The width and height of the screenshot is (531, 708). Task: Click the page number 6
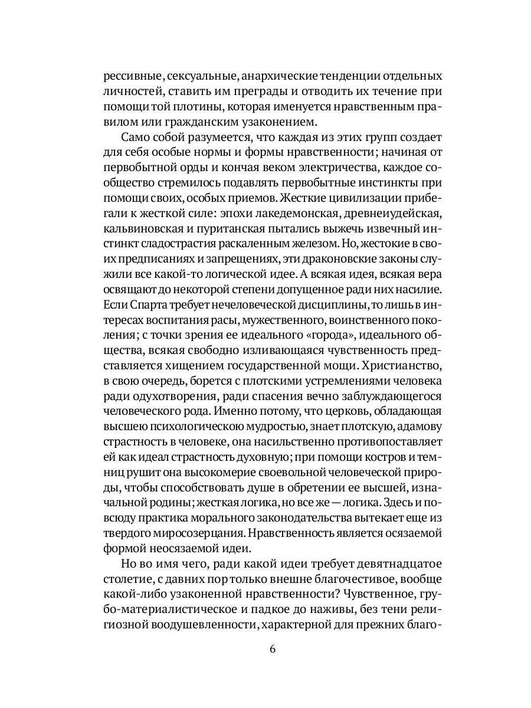(x=272, y=649)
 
